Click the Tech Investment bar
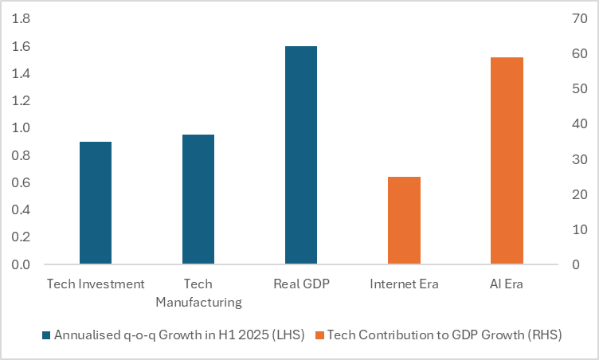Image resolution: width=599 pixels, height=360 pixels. pos(96,203)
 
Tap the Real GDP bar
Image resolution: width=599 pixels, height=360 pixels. pos(301,155)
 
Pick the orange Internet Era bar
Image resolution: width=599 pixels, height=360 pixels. pos(404,221)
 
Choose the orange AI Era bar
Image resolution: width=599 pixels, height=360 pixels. pos(507,161)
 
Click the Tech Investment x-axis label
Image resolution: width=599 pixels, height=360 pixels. pos(96,284)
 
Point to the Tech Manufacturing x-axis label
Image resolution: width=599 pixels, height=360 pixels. pos(198,292)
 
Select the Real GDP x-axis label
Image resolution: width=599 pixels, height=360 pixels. pos(301,284)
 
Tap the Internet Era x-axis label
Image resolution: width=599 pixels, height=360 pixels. pos(404,284)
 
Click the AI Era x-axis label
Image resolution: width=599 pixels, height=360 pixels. pos(507,284)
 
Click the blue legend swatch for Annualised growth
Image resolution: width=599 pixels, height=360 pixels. pos(46,335)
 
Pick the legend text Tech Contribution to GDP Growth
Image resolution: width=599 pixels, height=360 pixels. pos(444,335)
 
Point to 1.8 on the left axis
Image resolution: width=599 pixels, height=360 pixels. pos(21,19)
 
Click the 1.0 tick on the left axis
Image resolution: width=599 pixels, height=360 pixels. pos(21,128)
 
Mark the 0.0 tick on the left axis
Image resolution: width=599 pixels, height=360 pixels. pos(21,264)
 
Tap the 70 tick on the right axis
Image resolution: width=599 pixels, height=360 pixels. pos(578,19)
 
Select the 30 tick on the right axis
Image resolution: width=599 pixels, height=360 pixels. pos(578,159)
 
